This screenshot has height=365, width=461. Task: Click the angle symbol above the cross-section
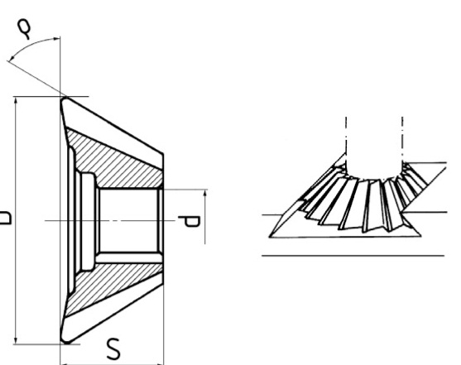(24, 29)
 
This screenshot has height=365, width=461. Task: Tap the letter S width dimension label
(113, 348)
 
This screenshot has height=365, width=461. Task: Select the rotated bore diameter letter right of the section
(189, 222)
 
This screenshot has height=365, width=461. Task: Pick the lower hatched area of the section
(113, 286)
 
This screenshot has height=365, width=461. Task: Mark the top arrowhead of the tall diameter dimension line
(16, 101)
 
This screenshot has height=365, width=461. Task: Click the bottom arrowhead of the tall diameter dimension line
(16, 340)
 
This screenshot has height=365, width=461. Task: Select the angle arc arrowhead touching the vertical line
(57, 38)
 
